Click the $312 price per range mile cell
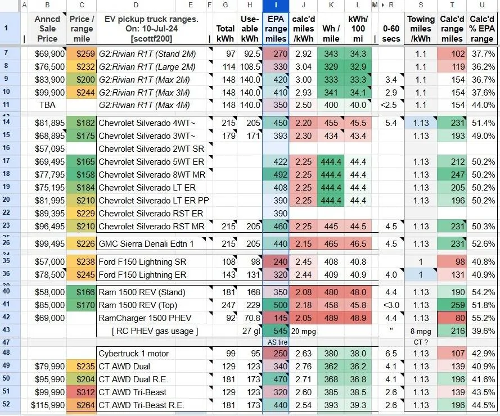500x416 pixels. (x=82, y=392)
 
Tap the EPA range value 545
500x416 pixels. (x=276, y=331)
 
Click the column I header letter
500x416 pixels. (x=276, y=5)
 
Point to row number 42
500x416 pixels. (x=6, y=317)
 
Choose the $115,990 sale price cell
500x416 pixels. (x=47, y=405)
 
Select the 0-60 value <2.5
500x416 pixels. (x=391, y=105)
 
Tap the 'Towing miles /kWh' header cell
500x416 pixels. (x=421, y=29)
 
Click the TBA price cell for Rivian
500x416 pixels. (x=47, y=105)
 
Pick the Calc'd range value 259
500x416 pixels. (x=452, y=305)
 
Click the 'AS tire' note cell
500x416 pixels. (x=277, y=342)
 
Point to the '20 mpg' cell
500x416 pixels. (x=303, y=331)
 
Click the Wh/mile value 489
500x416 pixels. (x=331, y=318)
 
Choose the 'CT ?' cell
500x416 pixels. (x=421, y=342)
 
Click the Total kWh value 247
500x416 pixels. (x=229, y=305)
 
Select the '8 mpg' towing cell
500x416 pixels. (x=421, y=331)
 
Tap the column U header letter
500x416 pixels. (x=482, y=5)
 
